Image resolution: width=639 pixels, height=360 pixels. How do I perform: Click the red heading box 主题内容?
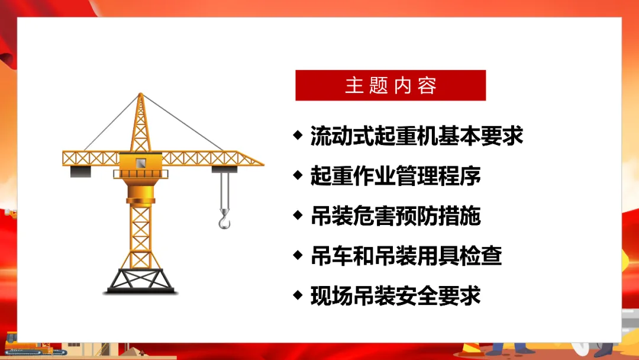click(x=390, y=85)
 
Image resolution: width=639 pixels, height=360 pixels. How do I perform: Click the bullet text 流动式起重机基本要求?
click(x=417, y=136)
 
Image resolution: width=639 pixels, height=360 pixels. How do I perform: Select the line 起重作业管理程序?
click(x=395, y=176)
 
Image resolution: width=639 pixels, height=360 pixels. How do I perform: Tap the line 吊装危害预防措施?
click(x=395, y=216)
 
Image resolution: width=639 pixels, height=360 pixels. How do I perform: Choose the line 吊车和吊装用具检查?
click(x=406, y=256)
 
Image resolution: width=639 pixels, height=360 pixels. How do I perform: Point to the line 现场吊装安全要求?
click(x=395, y=295)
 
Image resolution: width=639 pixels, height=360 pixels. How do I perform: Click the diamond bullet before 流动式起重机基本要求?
click(x=298, y=135)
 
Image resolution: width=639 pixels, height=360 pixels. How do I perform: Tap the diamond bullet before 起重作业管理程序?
click(x=298, y=175)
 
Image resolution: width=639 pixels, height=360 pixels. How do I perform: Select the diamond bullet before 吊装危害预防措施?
click(x=298, y=215)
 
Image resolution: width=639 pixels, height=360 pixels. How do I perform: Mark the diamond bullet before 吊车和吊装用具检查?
click(x=298, y=255)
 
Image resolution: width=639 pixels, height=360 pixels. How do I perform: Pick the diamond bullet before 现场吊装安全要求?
click(x=298, y=295)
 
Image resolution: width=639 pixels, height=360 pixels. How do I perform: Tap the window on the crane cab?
click(x=141, y=163)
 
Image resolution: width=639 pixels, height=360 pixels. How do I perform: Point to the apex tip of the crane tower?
click(x=141, y=94)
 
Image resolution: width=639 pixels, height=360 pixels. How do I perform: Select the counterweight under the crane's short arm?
click(x=80, y=172)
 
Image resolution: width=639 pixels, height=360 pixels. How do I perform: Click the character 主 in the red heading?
click(x=354, y=86)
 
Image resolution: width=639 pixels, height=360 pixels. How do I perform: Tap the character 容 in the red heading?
click(x=427, y=86)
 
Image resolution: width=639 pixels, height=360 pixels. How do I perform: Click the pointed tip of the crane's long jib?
click(x=263, y=164)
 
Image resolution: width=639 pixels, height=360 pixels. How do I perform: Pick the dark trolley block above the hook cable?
click(x=225, y=169)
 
